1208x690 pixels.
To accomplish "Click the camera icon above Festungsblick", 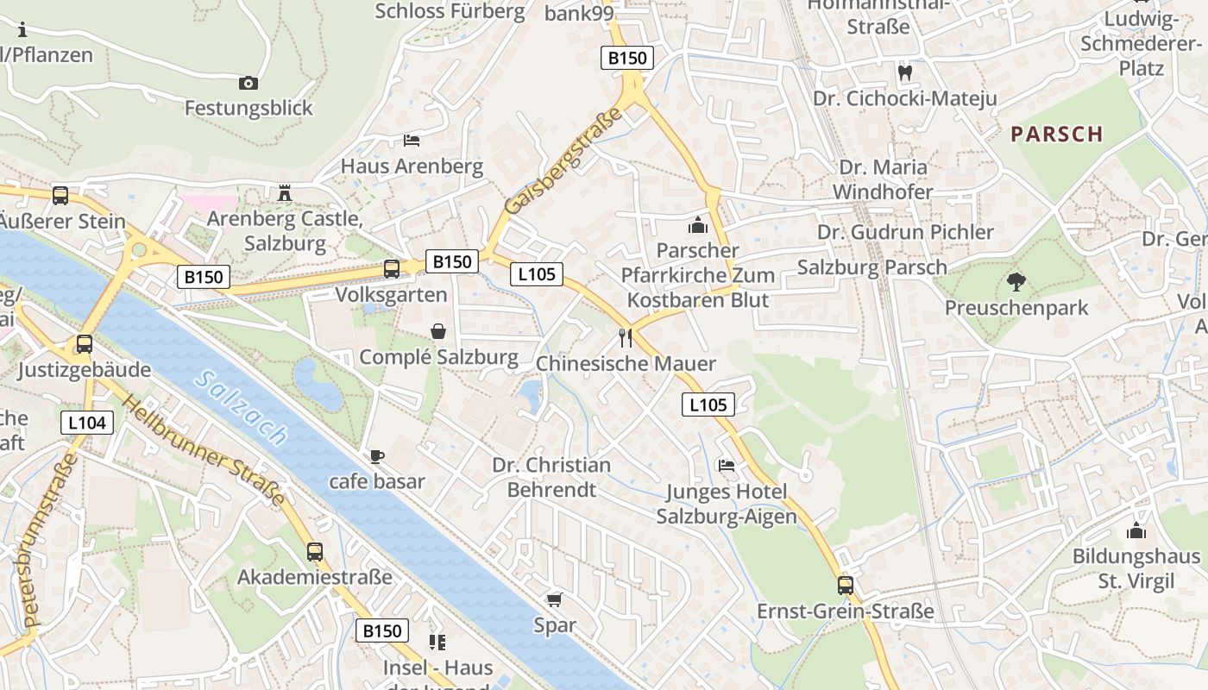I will pyautogui.click(x=249, y=83).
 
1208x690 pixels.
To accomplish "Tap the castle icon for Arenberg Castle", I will pyautogui.click(x=285, y=192).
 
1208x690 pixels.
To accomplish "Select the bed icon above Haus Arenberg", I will pyautogui.click(x=412, y=140).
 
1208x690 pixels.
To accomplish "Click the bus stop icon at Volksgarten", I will pyautogui.click(x=392, y=268).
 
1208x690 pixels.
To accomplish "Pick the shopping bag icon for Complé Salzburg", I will pyautogui.click(x=438, y=331).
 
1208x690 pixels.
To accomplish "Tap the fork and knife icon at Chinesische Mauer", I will pyautogui.click(x=626, y=337).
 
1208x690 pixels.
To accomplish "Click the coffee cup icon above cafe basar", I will pyautogui.click(x=376, y=456).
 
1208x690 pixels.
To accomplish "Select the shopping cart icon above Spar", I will pyautogui.click(x=554, y=599).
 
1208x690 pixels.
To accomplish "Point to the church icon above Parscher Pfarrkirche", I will pyautogui.click(x=697, y=225).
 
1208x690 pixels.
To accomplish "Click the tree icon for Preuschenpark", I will pyautogui.click(x=1016, y=281).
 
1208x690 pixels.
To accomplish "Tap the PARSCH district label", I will pyautogui.click(x=1057, y=134).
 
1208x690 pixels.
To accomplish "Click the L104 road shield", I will pyautogui.click(x=87, y=422).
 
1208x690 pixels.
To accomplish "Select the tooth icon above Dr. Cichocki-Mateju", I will pyautogui.click(x=905, y=72).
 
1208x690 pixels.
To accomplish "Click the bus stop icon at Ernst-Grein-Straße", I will pyautogui.click(x=845, y=585).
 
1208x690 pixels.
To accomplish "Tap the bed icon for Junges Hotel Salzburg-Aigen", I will pyautogui.click(x=727, y=466).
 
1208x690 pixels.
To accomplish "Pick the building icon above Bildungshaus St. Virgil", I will pyautogui.click(x=1136, y=530).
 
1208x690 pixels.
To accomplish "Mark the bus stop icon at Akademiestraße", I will pyautogui.click(x=315, y=551).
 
